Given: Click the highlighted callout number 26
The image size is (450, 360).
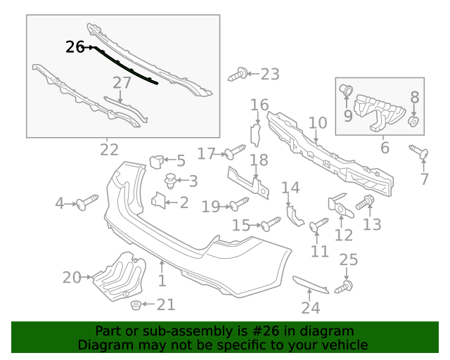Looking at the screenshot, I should pyautogui.click(x=75, y=47).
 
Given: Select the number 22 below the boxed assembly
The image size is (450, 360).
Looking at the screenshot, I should pyautogui.click(x=109, y=149).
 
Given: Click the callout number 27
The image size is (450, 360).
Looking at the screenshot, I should pyautogui.click(x=122, y=83).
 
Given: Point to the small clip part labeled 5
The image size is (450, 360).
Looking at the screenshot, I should pyautogui.click(x=157, y=162).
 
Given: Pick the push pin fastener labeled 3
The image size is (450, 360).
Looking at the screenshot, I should pyautogui.click(x=169, y=181).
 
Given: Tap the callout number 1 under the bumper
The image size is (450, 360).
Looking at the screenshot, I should pyautogui.click(x=162, y=281).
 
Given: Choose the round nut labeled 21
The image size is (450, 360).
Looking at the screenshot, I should pyautogui.click(x=134, y=304).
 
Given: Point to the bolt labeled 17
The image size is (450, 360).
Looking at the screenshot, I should pyautogui.click(x=235, y=153).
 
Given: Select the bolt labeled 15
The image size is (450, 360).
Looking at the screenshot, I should pyautogui.click(x=270, y=224).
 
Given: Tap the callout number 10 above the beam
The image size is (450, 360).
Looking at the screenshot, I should pyautogui.click(x=318, y=123).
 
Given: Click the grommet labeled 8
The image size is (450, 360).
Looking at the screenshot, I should pyautogui.click(x=415, y=123).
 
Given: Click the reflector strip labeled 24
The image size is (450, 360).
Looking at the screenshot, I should pyautogui.click(x=310, y=284).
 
